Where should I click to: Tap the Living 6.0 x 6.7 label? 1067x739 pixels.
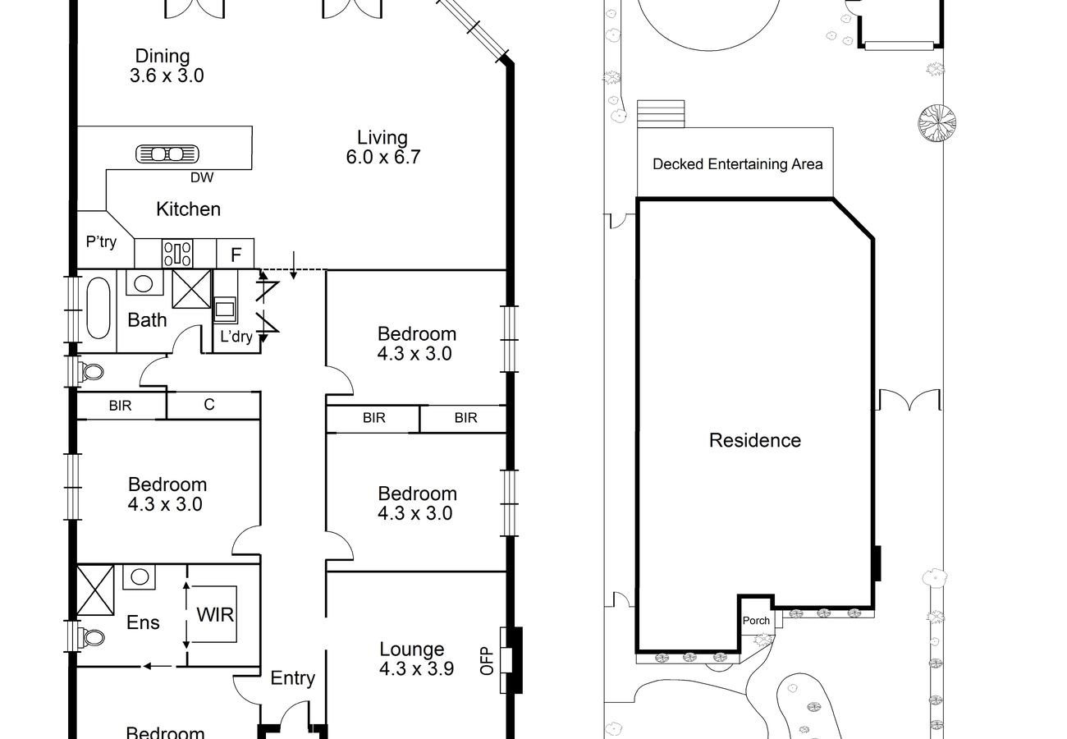(x=383, y=147)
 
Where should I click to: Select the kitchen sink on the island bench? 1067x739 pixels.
(x=167, y=154)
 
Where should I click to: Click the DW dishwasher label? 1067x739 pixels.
(x=202, y=177)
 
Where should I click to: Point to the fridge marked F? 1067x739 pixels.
(x=236, y=254)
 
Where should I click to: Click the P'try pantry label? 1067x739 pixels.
(x=101, y=241)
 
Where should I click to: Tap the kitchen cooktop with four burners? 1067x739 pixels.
(x=177, y=254)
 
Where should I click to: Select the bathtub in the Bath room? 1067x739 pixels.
(x=98, y=308)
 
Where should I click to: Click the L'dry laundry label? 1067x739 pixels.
(x=236, y=337)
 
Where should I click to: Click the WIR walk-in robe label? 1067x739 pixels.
(x=215, y=615)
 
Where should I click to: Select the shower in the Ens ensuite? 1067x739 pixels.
(x=95, y=590)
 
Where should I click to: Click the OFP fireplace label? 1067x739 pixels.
(x=487, y=660)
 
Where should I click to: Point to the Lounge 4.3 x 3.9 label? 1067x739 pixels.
(x=416, y=659)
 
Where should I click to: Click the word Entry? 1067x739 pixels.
(x=292, y=678)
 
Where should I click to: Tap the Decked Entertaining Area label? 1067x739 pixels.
(x=737, y=164)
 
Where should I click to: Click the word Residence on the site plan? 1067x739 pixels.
(x=755, y=440)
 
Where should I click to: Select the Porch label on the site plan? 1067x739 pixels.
(x=756, y=621)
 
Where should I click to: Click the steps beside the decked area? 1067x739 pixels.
(x=661, y=114)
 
